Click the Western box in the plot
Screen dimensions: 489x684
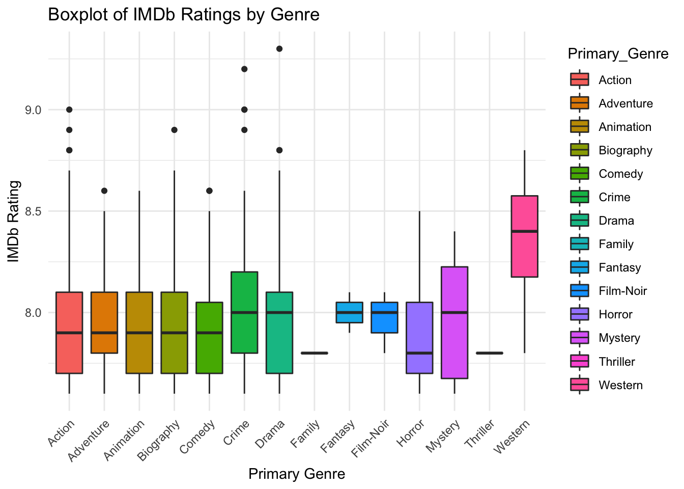tap(524, 236)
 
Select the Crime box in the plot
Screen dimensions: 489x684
tap(244, 312)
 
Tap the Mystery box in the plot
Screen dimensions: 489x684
tap(454, 322)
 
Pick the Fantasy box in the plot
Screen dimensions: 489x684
tap(349, 312)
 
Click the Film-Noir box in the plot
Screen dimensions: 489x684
tap(384, 317)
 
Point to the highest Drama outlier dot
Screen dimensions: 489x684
tap(279, 49)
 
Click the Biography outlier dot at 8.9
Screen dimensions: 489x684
tap(174, 130)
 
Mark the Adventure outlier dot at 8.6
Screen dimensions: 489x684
tap(104, 191)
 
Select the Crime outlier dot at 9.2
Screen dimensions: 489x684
tap(244, 69)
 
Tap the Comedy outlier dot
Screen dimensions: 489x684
tap(209, 191)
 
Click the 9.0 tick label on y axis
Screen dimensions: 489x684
tap(32, 110)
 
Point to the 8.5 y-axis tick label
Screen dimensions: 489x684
tap(32, 211)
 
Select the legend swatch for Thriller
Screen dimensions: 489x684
tap(580, 362)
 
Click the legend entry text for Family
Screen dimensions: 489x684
tap(616, 244)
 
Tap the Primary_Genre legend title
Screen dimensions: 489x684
tap(618, 54)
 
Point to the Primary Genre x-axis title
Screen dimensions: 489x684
tap(297, 474)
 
